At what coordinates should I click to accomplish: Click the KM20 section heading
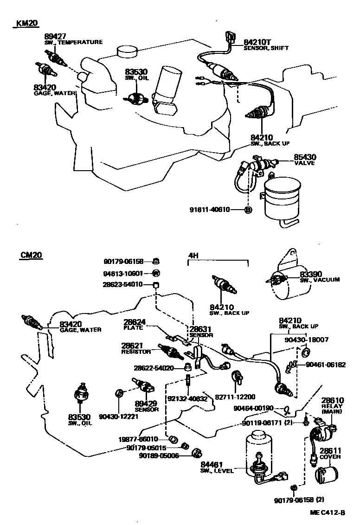pos(26,24)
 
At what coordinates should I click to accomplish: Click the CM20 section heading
pos(31,256)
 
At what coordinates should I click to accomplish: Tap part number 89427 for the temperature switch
pos(54,36)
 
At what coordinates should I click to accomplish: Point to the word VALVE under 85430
pos(304,163)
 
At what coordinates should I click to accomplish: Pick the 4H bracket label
pos(193,256)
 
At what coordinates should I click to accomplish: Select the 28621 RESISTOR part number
pos(133,346)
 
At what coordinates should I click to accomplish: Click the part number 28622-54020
pos(154,368)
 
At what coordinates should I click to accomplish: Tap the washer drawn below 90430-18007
pos(305,354)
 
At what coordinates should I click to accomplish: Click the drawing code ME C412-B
pos(328,512)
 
